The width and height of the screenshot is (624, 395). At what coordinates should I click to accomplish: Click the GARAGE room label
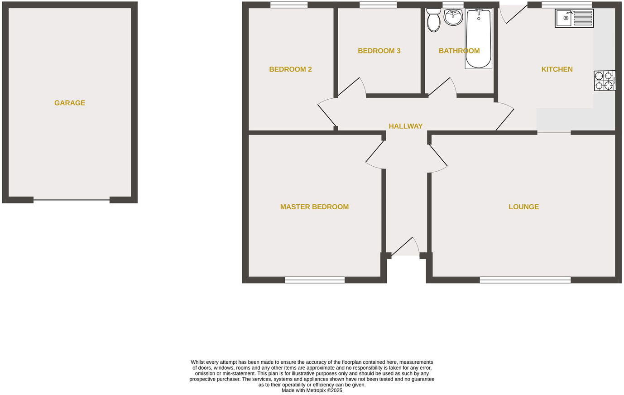point(70,103)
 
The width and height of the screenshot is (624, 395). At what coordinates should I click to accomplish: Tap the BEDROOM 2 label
point(290,69)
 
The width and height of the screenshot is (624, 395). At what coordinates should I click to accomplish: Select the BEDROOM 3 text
point(379,51)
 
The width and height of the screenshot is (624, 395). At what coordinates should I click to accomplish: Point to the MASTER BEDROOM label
point(314,207)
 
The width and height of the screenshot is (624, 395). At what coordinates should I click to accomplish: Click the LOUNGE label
point(523,207)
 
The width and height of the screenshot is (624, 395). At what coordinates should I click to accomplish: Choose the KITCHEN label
point(557,69)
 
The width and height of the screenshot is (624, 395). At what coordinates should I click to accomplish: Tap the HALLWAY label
point(405,126)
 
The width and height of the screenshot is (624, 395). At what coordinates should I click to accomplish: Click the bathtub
point(478,39)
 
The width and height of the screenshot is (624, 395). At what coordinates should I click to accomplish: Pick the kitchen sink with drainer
point(574,19)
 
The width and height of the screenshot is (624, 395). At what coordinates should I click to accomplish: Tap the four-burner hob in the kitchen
point(604,81)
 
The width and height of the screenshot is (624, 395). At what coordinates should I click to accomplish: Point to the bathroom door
point(442,87)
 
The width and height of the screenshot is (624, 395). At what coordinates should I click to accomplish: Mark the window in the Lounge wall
point(525,280)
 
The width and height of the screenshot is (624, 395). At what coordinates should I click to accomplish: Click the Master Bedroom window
point(315,280)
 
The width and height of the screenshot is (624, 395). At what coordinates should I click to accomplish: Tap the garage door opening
point(72,199)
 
